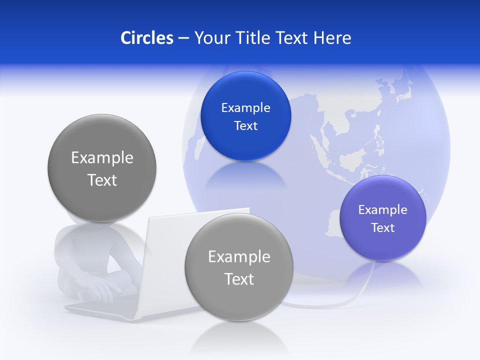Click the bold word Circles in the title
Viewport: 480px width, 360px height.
[x=146, y=37]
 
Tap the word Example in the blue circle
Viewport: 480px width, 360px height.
[x=245, y=108]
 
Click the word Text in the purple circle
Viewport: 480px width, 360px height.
[x=383, y=228]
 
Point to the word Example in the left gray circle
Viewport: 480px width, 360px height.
[x=102, y=158]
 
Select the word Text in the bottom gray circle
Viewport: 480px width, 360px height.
[x=239, y=279]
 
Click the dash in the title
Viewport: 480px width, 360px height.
[x=183, y=38]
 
